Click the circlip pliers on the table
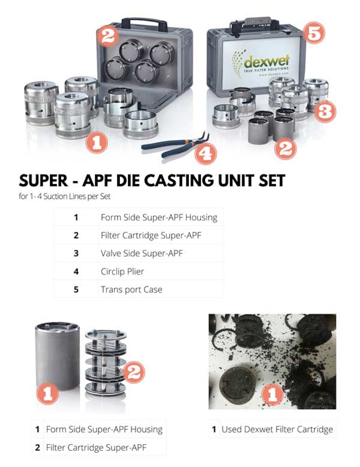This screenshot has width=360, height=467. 171,146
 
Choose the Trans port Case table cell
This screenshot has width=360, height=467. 131,289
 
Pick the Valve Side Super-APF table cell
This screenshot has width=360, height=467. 141,253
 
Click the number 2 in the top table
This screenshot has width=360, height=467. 76,235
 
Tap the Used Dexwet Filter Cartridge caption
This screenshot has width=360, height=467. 277,430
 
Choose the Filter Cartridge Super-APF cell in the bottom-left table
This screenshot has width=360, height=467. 96,447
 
